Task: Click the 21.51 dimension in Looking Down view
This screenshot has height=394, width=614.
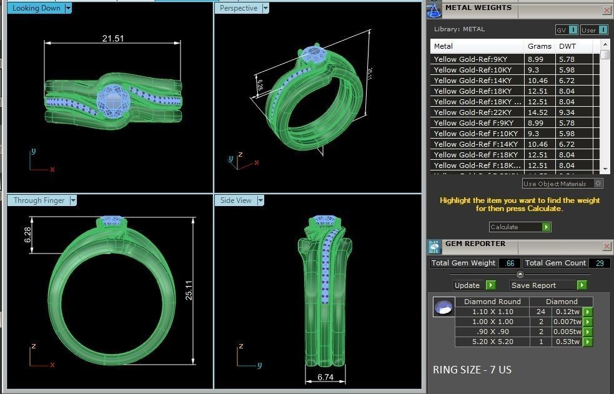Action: pos(113,39)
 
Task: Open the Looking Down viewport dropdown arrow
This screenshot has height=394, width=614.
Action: pos(68,8)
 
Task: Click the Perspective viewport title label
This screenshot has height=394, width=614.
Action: pos(238,8)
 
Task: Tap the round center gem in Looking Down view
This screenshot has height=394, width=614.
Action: pos(113,100)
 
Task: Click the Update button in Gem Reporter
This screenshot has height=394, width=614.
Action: pos(467,285)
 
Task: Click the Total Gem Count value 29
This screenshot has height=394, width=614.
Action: pos(599,263)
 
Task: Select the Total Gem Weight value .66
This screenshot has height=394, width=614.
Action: pos(510,263)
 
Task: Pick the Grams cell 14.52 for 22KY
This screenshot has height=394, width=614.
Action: pos(538,112)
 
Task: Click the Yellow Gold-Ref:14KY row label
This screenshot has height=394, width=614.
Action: pos(472,81)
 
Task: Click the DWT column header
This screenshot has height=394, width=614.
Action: pos(567,46)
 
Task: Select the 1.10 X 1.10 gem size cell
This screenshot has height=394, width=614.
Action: pos(492,312)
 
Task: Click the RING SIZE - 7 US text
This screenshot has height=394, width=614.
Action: pos(472,370)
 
